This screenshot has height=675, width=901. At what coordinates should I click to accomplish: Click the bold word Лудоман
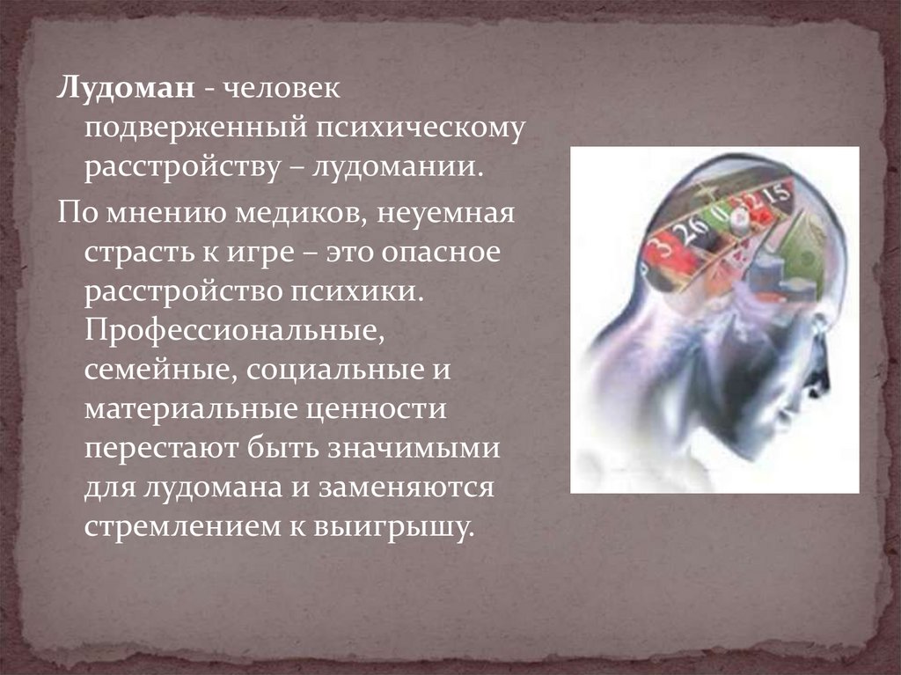click(125, 90)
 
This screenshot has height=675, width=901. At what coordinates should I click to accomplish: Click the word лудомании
click(396, 168)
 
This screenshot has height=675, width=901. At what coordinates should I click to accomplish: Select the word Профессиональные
click(234, 332)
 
